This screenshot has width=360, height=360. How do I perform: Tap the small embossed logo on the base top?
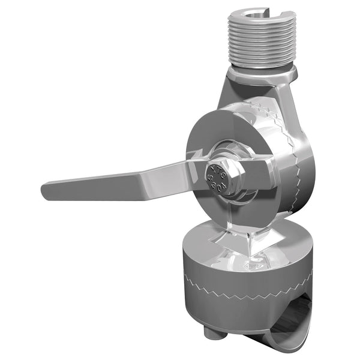[257, 263]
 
